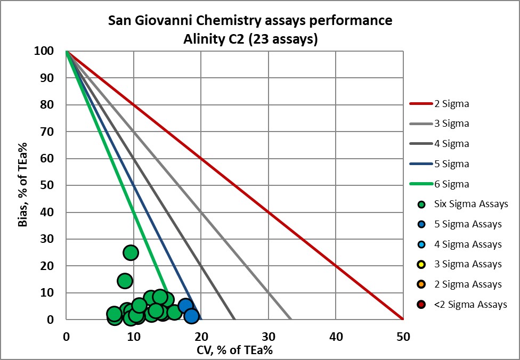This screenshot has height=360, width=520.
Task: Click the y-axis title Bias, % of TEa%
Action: (x=23, y=184)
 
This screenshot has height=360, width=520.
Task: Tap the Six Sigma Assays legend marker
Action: (x=422, y=204)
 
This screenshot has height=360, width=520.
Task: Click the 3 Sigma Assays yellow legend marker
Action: (x=422, y=265)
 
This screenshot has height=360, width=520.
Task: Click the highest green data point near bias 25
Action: (x=131, y=252)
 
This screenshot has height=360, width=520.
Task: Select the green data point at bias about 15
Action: (x=125, y=281)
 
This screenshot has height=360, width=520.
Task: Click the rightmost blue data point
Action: (x=191, y=316)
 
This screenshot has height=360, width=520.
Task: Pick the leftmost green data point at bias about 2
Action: (x=114, y=314)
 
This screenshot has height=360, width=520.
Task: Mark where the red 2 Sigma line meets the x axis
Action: (x=403, y=320)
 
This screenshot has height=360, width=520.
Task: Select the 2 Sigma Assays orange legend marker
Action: (x=422, y=285)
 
